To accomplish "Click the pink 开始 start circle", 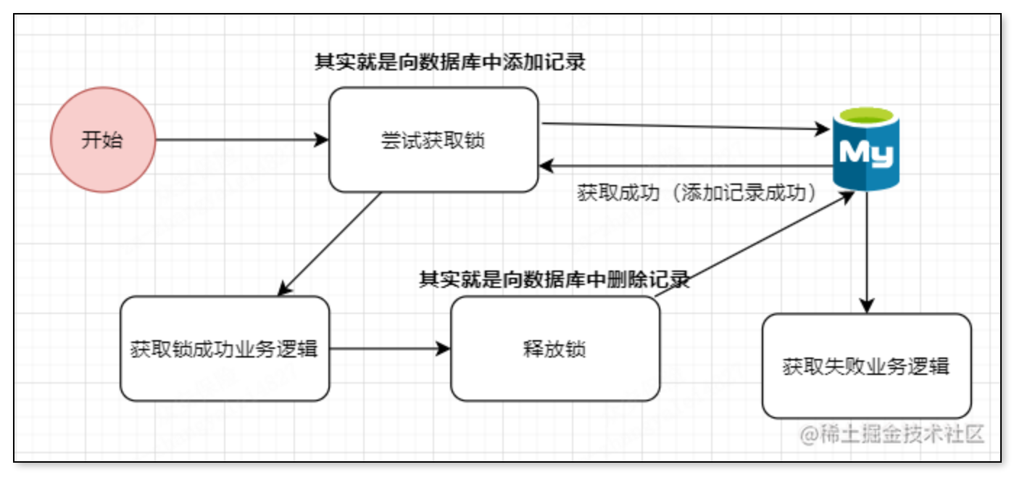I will [x=103, y=140].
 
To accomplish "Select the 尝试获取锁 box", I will [x=433, y=140].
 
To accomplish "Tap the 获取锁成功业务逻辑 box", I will [x=225, y=349].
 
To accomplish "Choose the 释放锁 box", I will [x=554, y=349].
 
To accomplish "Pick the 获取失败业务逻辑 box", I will [x=866, y=366].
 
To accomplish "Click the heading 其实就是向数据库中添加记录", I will [x=450, y=62].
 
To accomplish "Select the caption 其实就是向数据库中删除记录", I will [x=554, y=280].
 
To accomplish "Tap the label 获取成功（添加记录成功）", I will [x=697, y=194].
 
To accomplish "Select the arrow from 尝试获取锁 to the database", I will [x=685, y=127].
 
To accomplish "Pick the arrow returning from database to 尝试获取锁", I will [x=685, y=167].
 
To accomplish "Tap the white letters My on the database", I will [x=866, y=152].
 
